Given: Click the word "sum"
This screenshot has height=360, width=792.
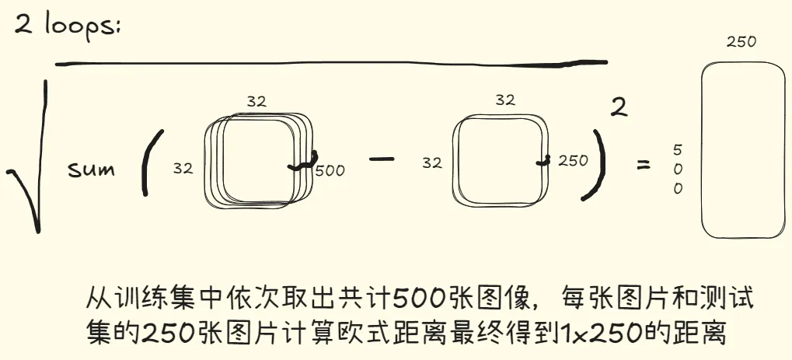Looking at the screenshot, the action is (x=92, y=170).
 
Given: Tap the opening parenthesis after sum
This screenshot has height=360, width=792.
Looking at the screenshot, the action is (x=151, y=163).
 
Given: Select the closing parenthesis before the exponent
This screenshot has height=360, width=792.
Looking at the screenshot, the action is (x=593, y=165).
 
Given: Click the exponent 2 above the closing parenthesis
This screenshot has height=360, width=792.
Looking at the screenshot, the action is (x=619, y=107).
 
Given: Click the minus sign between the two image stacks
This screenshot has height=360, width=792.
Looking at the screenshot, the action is (x=382, y=159).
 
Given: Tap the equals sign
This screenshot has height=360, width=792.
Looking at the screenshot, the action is (x=643, y=164).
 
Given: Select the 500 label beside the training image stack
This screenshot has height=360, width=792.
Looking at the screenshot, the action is (x=330, y=171).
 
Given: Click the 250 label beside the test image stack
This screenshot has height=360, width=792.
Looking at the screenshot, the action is (x=574, y=161).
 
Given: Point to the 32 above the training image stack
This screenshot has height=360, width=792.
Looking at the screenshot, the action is (x=256, y=101).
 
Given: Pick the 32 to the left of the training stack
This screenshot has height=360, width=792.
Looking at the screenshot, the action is (x=183, y=169).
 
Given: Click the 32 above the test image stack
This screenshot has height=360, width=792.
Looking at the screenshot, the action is (x=505, y=100).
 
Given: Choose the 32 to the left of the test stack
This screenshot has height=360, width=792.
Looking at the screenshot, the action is (x=432, y=163).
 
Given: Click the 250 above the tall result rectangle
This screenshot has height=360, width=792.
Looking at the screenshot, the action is (x=741, y=42).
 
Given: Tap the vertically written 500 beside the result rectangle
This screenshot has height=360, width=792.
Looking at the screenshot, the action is (x=678, y=170).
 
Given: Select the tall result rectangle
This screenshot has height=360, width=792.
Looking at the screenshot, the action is (x=744, y=149).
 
